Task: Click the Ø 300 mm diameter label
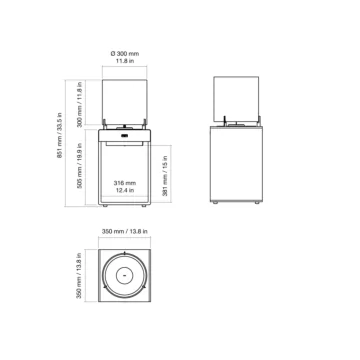[124, 52]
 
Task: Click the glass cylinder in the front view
[124, 100]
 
